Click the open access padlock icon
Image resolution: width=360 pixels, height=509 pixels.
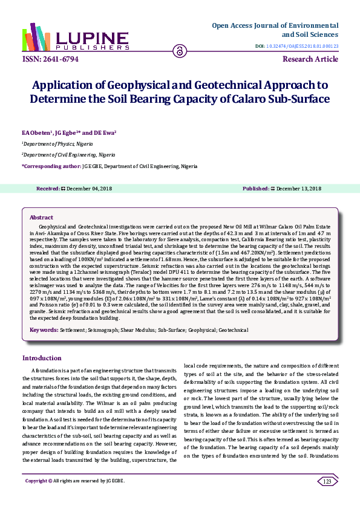point(180,51)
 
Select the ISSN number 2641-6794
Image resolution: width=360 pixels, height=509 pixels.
point(45,59)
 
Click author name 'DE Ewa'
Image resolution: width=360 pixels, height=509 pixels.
point(105,131)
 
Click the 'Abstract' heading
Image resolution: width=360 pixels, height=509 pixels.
point(41,217)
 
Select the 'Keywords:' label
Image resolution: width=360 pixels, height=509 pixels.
point(44,331)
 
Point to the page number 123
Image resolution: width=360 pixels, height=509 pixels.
point(327,481)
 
